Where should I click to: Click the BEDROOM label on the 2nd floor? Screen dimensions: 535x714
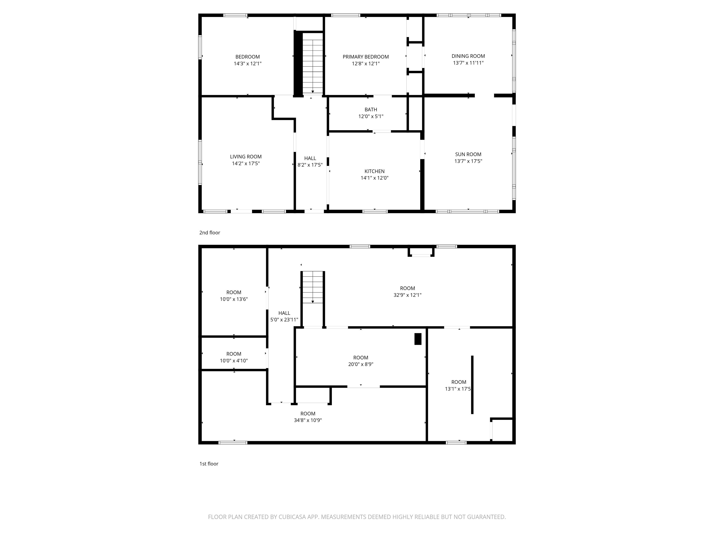click(247, 57)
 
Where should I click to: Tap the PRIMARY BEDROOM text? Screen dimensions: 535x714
click(365, 57)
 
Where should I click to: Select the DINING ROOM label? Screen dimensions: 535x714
click(468, 56)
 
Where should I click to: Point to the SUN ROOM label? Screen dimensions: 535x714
click(468, 154)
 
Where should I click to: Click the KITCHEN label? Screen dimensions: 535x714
click(374, 171)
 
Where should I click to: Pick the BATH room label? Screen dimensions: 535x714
click(370, 110)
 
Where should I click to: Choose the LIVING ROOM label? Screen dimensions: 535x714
click(246, 157)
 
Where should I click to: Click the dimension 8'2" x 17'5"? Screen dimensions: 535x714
click(310, 165)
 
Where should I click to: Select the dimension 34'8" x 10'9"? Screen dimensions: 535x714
click(308, 421)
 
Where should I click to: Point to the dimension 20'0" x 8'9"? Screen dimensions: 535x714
click(360, 364)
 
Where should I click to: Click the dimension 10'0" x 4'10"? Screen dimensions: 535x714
click(234, 361)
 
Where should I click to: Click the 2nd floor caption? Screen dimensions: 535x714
click(209, 232)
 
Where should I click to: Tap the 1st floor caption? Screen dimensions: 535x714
click(209, 464)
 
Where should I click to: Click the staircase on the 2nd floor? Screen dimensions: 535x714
click(312, 63)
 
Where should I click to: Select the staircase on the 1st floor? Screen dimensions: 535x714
click(312, 287)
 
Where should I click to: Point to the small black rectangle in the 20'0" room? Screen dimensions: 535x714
click(418, 339)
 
